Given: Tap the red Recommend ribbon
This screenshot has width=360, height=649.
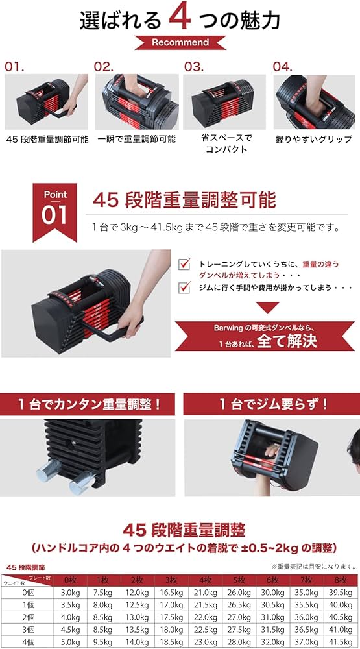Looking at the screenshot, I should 180,43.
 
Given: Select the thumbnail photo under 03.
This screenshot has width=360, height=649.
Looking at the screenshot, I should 224,102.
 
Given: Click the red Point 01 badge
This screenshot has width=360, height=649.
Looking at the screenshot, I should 54,208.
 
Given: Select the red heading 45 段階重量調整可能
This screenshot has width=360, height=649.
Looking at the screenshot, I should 184,199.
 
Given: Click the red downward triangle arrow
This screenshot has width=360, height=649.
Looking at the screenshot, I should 267,308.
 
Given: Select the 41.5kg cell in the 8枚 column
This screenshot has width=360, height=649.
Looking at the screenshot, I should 340,642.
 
